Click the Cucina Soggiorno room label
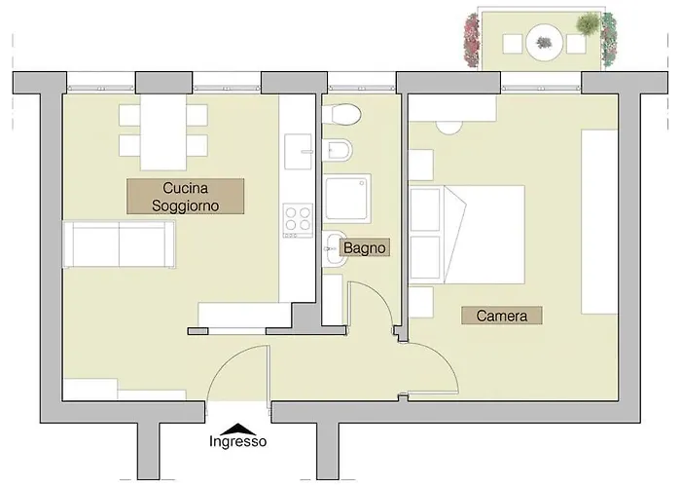click(x=185, y=197)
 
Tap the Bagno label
click(x=365, y=247)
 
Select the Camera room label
click(x=502, y=316)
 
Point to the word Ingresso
click(x=238, y=441)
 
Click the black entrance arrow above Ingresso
click(x=238, y=429)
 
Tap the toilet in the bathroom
click(x=342, y=115)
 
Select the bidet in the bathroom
click(x=338, y=150)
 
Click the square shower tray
click(x=347, y=199)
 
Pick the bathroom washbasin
click(x=335, y=248)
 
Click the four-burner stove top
click(x=298, y=220)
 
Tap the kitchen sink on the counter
click(x=299, y=151)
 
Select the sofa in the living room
click(x=120, y=243)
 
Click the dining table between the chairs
click(x=163, y=131)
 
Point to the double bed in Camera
click(x=467, y=235)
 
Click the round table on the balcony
click(x=544, y=43)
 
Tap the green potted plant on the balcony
click(x=588, y=23)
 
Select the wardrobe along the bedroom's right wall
click(x=599, y=221)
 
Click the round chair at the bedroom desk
click(x=448, y=127)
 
